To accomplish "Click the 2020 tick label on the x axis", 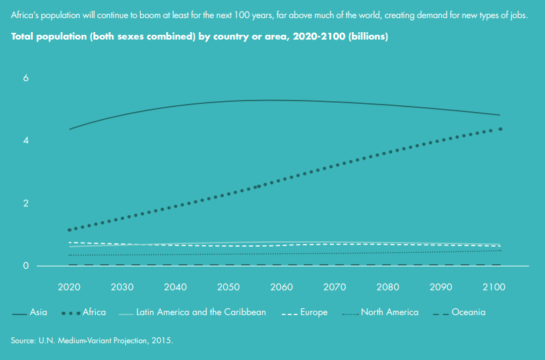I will (68, 287).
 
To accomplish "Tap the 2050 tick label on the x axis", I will (228, 287).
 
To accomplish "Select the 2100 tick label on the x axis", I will (495, 287).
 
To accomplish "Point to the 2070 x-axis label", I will (335, 287).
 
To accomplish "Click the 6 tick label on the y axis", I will (26, 78).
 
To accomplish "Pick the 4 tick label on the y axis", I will (26, 140).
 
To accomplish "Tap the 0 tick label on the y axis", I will (26, 265).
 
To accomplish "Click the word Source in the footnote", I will (23, 341).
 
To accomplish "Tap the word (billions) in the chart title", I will (365, 37).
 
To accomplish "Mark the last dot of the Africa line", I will (501, 129).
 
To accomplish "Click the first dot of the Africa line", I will (69, 230).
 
